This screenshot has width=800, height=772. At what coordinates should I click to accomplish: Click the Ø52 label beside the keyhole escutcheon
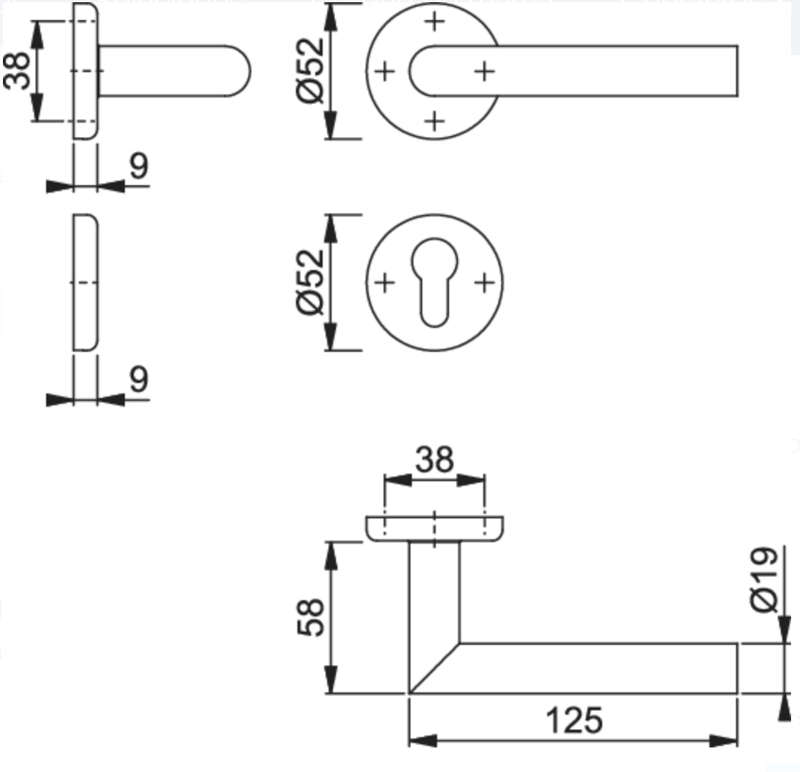coord(312,282)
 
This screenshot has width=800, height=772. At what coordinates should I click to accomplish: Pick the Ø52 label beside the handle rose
coord(312,71)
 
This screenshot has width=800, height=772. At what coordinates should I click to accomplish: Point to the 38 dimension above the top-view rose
coord(434,460)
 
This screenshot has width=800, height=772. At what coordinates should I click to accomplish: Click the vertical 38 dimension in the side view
coord(17,71)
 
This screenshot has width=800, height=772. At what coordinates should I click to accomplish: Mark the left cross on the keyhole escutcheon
coord(384,283)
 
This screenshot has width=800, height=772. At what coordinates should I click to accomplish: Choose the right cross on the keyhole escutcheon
coord(484,283)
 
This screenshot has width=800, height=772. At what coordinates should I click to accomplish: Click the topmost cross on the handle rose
coord(435,22)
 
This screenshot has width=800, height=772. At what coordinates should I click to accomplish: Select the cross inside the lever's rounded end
coord(484,71)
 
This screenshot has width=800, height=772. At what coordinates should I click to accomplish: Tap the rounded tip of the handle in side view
coord(242,71)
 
